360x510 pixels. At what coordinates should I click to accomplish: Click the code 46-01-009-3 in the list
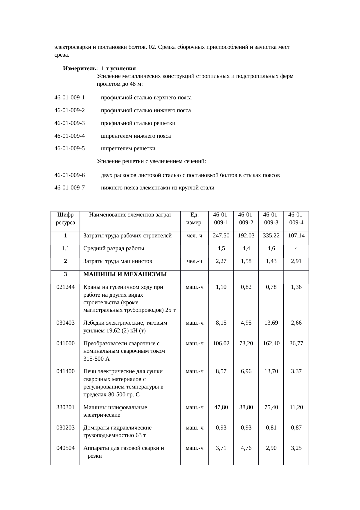(70, 123)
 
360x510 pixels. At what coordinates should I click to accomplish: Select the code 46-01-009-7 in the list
(70, 188)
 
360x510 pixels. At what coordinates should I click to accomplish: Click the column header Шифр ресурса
(65, 219)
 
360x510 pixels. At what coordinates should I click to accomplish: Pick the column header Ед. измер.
(194, 219)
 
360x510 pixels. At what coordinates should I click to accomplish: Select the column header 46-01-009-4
(296, 219)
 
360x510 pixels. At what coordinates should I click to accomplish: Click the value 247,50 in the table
(221, 236)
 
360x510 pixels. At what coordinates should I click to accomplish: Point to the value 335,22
(271, 236)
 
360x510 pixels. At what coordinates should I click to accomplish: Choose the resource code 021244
(65, 287)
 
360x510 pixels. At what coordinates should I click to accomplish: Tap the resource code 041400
(65, 371)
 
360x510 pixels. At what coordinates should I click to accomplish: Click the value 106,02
(221, 343)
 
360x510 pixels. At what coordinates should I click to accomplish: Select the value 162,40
(271, 343)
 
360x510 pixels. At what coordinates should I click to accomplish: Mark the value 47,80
(221, 407)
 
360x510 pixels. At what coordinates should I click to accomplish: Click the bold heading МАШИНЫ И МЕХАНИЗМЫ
(125, 274)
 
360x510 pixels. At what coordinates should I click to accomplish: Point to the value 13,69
(271, 323)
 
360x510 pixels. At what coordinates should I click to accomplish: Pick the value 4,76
(246, 448)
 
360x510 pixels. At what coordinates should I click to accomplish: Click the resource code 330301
(65, 407)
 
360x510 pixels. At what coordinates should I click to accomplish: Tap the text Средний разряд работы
(114, 248)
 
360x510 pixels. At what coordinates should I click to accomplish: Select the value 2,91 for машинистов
(296, 261)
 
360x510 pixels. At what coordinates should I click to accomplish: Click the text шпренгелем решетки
(128, 149)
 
